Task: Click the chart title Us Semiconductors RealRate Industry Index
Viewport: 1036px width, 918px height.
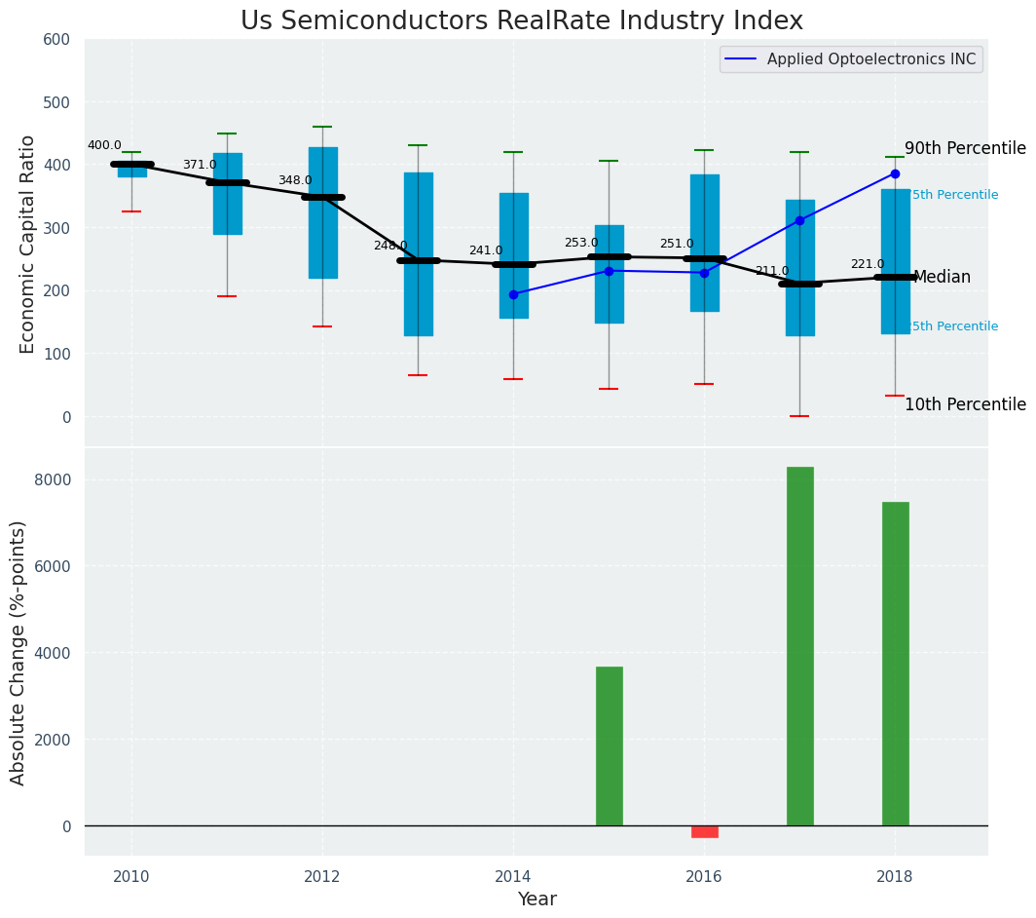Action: point(522,21)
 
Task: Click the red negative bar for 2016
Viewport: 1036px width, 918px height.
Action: point(704,831)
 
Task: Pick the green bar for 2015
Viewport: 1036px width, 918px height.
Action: point(609,746)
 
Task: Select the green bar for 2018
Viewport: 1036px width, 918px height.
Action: point(895,663)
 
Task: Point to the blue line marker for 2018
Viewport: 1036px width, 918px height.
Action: point(895,173)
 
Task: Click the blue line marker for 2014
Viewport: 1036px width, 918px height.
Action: point(513,294)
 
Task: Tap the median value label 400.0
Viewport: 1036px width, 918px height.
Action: point(104,146)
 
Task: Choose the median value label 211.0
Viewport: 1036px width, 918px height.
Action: point(772,271)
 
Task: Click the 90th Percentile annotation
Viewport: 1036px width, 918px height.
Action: point(965,149)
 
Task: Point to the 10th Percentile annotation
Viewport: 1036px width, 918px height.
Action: point(965,405)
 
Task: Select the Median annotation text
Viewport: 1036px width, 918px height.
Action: point(942,278)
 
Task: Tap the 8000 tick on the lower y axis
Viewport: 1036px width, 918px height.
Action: point(51,479)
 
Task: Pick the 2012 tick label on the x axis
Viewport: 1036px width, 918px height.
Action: point(322,877)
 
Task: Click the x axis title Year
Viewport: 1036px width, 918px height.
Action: point(536,899)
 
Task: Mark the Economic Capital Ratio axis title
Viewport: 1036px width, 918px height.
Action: point(27,244)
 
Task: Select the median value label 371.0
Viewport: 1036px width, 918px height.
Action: point(200,166)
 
